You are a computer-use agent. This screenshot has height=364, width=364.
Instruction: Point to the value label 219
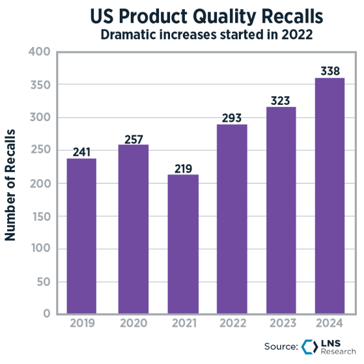tap(183, 169)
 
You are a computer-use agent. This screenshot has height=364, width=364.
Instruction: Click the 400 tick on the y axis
tap(40, 51)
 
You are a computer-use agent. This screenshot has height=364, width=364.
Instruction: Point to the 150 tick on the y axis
tap(40, 216)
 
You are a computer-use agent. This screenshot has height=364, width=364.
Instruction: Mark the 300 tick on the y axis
tap(40, 117)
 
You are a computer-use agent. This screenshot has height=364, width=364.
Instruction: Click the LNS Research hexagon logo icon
tap(308, 346)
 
